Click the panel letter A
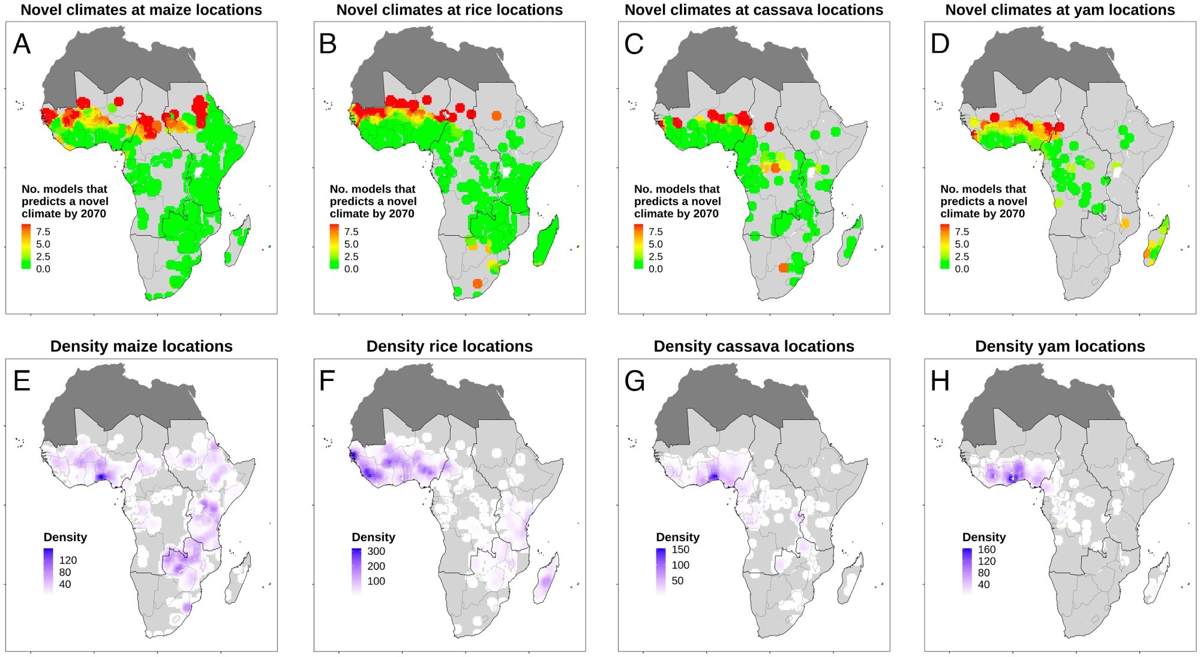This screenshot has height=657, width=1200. coord(22,44)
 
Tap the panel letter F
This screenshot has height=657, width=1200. coord(327,380)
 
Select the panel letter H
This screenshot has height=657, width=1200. coord(940,380)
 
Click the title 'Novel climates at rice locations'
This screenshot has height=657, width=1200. coord(449,10)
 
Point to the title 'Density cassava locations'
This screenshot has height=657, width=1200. coord(754,346)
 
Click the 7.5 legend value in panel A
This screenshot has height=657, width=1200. coord(43,232)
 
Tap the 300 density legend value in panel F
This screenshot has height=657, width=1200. coord(376,551)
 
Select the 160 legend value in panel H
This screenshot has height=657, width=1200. coord(986,549)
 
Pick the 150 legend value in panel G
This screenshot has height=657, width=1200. coord(680,549)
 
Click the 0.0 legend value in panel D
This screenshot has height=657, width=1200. coord(962,269)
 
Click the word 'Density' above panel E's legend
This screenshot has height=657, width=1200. coord(65,537)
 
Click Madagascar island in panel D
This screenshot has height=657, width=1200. coord(1157,243)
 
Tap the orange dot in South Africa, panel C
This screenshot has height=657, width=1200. coord(784,268)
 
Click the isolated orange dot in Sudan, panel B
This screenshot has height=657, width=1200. coord(496,116)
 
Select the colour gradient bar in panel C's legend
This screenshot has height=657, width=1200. coord(638,247)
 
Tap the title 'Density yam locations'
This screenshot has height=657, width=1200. coord(1060,346)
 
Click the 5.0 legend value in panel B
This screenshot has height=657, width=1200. coord(351,244)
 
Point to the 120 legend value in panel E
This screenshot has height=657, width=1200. coord(68,560)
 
